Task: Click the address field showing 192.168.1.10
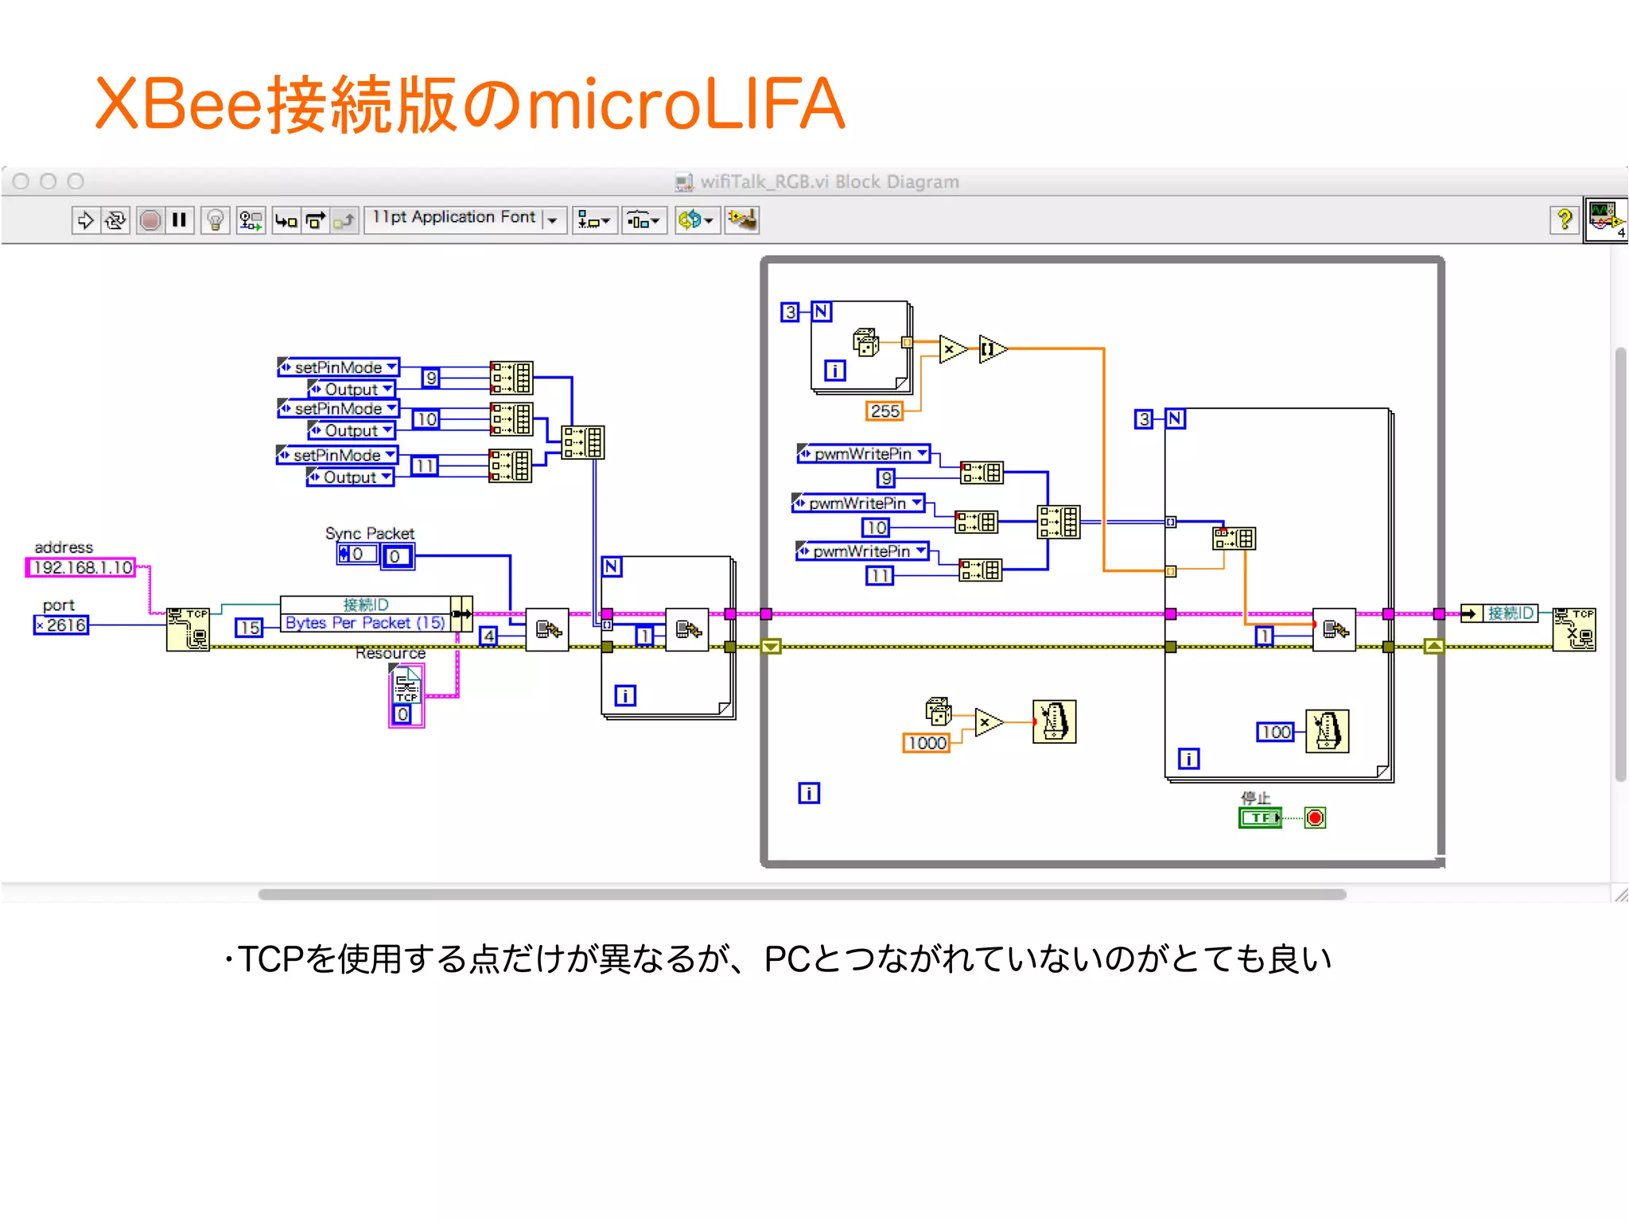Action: point(82,567)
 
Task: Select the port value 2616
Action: point(64,625)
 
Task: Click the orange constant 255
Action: point(884,411)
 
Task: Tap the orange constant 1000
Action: point(927,743)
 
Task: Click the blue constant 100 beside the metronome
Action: point(1276,732)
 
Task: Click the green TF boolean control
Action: point(1260,818)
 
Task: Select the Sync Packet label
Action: point(369,533)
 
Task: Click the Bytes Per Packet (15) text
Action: point(365,623)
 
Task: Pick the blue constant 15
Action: point(249,628)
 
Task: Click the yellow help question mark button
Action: point(1564,219)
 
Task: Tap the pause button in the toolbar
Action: point(180,220)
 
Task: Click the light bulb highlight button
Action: point(215,220)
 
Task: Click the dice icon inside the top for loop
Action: point(865,342)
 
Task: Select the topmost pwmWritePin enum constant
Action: point(863,453)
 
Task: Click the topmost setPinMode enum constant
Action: point(338,367)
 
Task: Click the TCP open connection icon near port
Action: point(188,628)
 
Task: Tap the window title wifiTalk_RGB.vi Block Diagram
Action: point(829,182)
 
